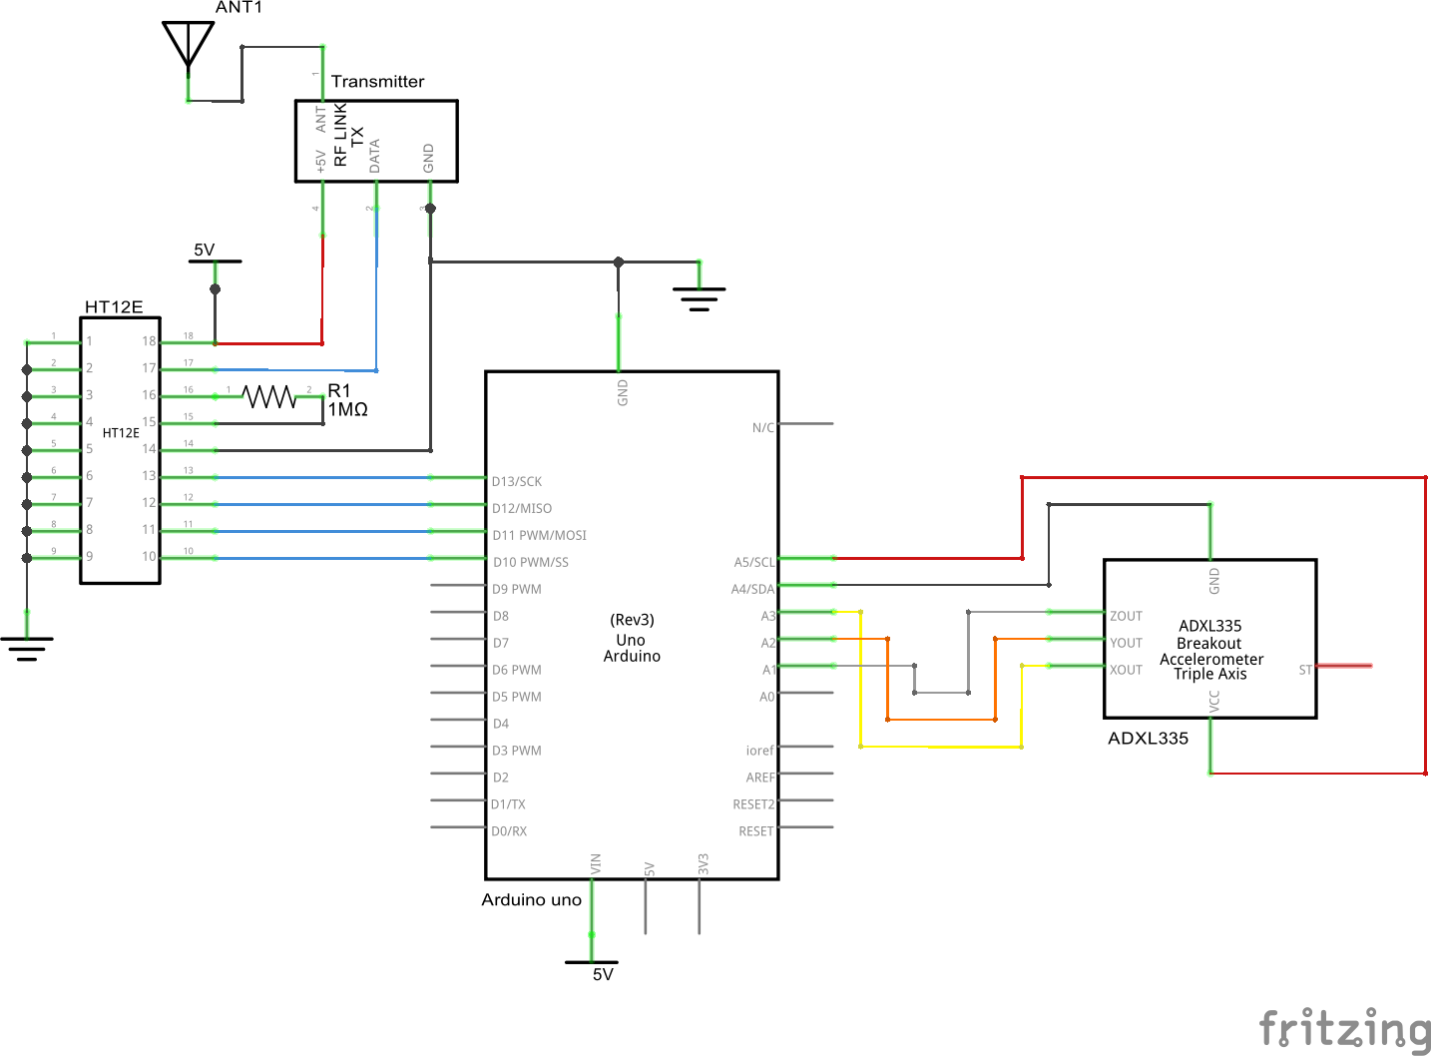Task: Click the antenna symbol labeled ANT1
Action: pos(188,45)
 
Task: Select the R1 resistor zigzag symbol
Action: pos(270,397)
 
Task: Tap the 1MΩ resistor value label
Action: pos(347,410)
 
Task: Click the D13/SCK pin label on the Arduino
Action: pos(517,481)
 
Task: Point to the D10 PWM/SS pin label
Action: pos(530,562)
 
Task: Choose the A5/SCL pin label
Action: pos(753,562)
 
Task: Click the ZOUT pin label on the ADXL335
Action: pos(1126,616)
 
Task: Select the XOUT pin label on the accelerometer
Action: pos(1126,670)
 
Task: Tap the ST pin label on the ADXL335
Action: pos(1304,670)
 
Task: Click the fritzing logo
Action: pos(1344,1028)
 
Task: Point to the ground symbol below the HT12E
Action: pos(27,648)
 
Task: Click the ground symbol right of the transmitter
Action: pos(699,297)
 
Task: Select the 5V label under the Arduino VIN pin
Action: pos(603,974)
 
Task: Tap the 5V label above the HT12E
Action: pos(204,250)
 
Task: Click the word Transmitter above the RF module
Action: pos(377,81)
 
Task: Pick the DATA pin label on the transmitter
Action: pos(375,156)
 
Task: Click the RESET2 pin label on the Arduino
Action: pos(752,804)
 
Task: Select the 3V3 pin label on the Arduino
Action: pos(704,864)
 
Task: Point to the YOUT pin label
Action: pos(1126,643)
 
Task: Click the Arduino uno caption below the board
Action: pos(531,899)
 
